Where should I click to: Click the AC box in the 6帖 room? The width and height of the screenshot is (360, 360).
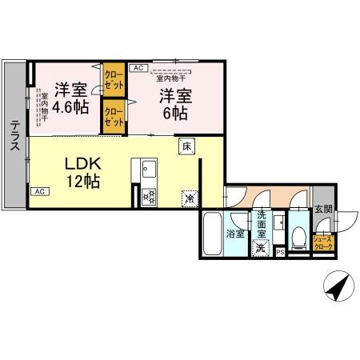(138, 69)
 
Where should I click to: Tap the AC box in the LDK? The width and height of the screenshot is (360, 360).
(38, 192)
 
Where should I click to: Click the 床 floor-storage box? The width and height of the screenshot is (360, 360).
(186, 146)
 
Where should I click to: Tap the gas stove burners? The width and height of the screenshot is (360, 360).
(149, 197)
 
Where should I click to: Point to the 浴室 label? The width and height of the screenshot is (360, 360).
(235, 234)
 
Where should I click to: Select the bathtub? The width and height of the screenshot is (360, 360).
(211, 234)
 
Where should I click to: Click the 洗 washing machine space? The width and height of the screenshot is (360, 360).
(261, 248)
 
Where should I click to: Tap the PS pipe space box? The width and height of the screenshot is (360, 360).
(279, 253)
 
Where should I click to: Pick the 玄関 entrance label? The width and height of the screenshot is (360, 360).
(323, 210)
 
